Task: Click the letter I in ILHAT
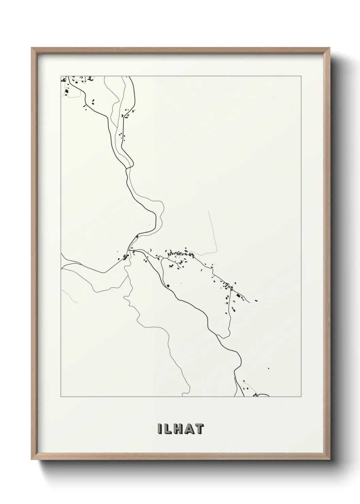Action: coord(159,429)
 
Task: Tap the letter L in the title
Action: coord(168,429)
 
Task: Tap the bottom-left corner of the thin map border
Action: coord(61,397)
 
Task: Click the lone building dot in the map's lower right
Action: coord(268,368)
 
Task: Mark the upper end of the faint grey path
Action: coord(209,211)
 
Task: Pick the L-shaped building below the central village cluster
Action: coord(170,265)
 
